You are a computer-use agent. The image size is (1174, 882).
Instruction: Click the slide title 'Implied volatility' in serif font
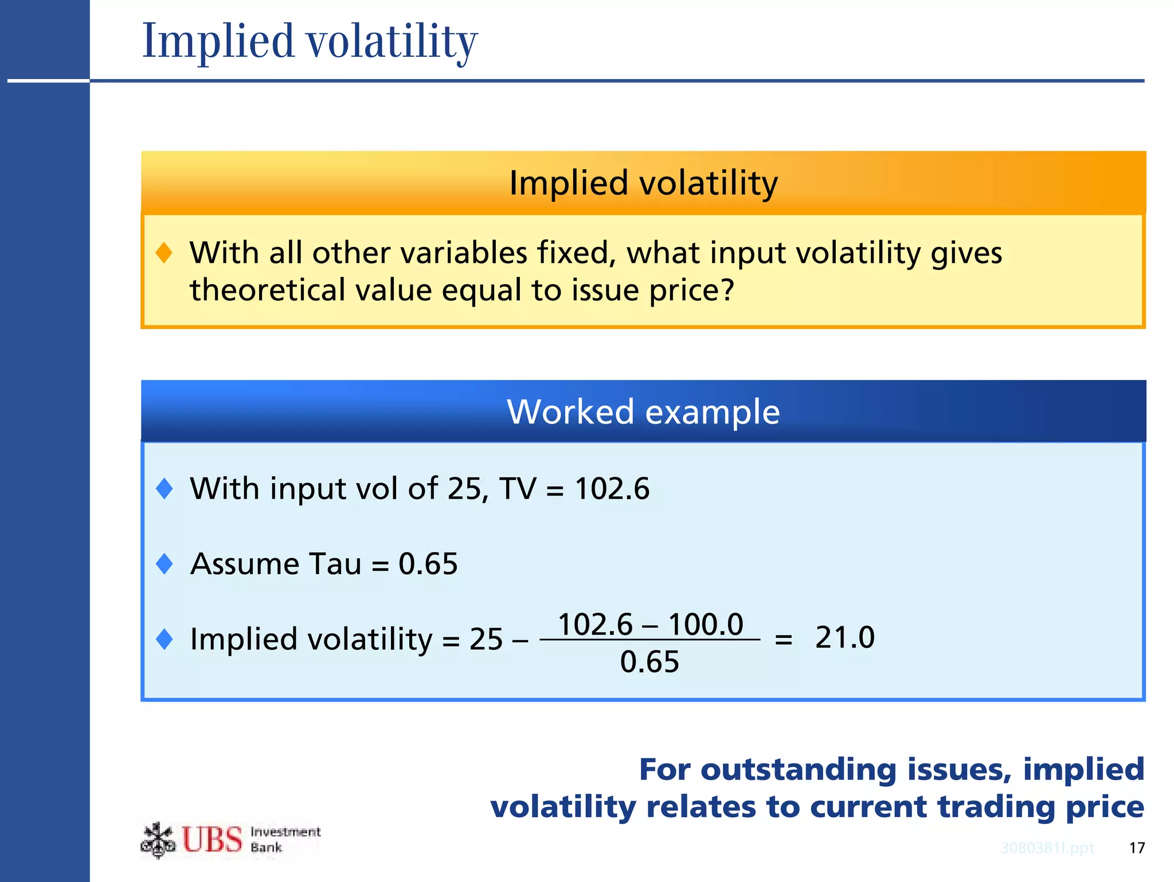tap(310, 41)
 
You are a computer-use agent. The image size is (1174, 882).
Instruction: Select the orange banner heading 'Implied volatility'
tap(643, 183)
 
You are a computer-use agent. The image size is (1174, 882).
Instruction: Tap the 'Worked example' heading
tap(643, 411)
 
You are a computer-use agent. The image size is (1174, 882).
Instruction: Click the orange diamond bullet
tap(164, 253)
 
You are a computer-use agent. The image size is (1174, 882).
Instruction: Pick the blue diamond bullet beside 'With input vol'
tap(165, 489)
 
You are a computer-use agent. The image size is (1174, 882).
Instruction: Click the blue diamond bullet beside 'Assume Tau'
tap(165, 564)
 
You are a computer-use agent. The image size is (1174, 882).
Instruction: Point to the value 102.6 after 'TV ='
tap(612, 489)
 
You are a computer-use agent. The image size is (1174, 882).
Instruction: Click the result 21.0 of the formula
tap(844, 637)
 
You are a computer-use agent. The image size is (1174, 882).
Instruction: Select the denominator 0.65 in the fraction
tap(649, 662)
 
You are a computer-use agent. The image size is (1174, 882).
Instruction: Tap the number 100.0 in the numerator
tap(706, 624)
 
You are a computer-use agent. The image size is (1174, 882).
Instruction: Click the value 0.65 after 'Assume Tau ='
tap(428, 564)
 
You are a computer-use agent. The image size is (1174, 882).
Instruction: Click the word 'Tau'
tap(335, 564)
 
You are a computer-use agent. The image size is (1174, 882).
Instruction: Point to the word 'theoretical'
tap(268, 290)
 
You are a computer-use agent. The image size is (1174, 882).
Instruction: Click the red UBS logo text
tap(212, 840)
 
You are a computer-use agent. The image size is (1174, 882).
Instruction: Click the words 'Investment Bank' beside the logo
tap(285, 840)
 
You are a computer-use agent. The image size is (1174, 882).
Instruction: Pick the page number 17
tap(1137, 848)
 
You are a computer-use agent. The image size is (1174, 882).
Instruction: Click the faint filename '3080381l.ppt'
tap(1047, 848)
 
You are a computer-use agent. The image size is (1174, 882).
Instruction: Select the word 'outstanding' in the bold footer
tap(798, 770)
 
